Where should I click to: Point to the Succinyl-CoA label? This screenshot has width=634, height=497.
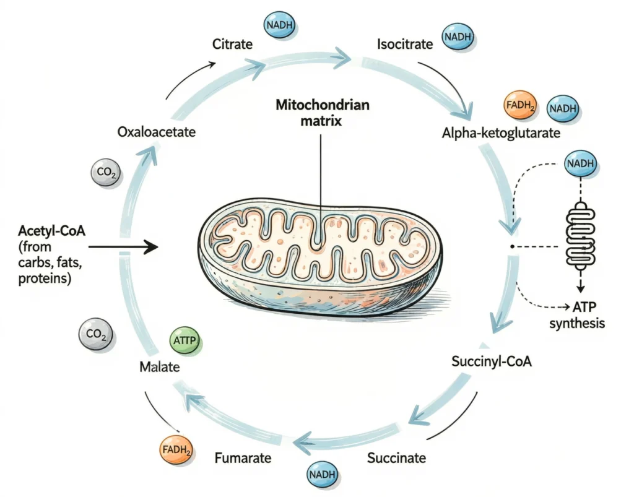pos(492,361)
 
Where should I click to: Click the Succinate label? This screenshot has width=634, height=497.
pos(396,458)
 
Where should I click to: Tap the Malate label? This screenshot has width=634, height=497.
pos(159,367)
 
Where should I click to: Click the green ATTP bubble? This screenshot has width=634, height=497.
pos(186,341)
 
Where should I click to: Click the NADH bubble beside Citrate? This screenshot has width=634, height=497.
pos(280,26)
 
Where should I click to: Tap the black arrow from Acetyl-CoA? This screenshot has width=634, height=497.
pos(124,248)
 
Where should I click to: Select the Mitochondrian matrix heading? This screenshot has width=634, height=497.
pos(322,113)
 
